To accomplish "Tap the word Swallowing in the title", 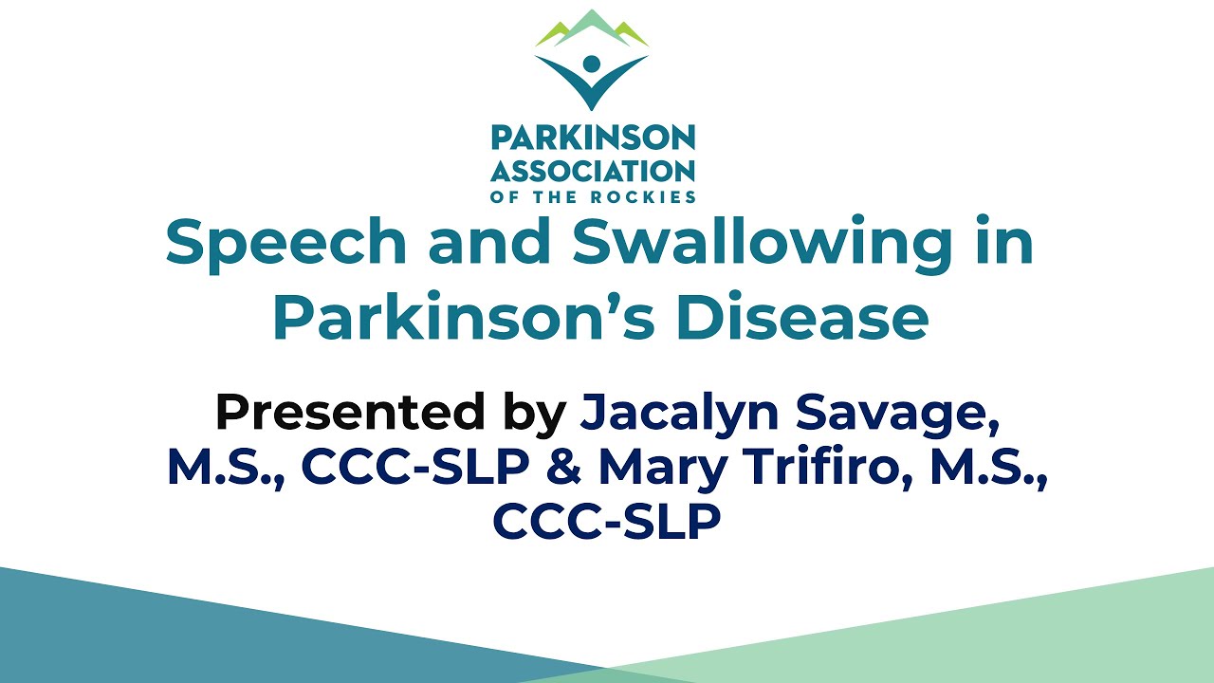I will point(759,243).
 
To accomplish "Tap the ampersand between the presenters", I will point(573,468).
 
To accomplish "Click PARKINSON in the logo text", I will point(593,138).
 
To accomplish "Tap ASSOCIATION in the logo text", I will point(593,171).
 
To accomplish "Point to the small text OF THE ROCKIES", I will point(593,197).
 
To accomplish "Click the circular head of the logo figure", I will point(592,65).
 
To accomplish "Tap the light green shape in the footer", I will point(996,636).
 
